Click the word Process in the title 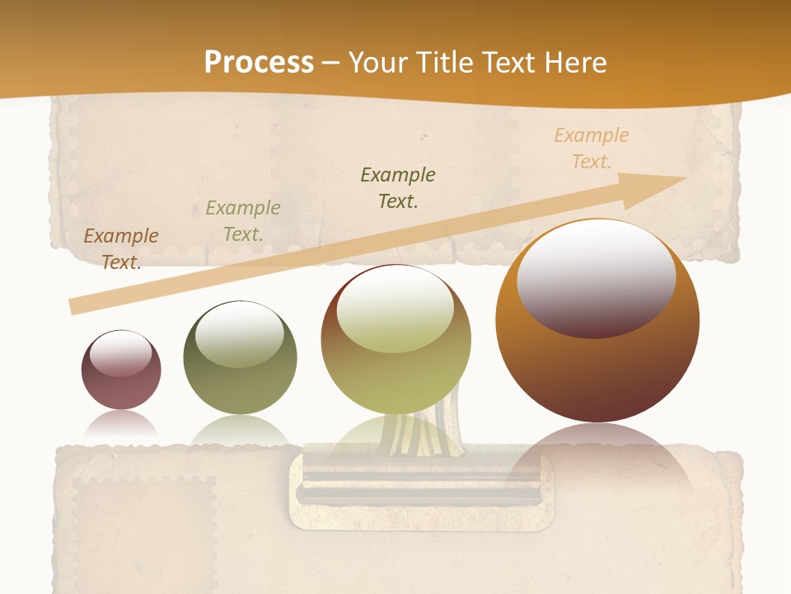click(259, 63)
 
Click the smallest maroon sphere click(121, 370)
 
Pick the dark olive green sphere click(240, 358)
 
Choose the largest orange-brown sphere click(597, 322)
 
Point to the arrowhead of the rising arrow click(659, 183)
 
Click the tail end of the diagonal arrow click(76, 305)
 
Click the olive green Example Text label click(243, 221)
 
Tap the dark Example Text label click(398, 188)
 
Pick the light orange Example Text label click(592, 148)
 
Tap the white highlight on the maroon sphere click(121, 353)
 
